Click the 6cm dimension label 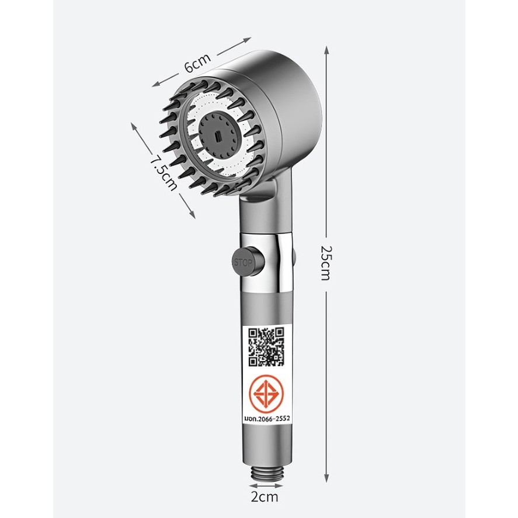pyautogui.click(x=197, y=62)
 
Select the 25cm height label pyautogui.click(x=326, y=263)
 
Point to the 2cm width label pyautogui.click(x=265, y=497)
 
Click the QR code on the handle pyautogui.click(x=266, y=346)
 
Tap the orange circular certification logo pyautogui.click(x=266, y=393)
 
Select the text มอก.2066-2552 pyautogui.click(x=267, y=419)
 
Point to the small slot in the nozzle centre pyautogui.click(x=217, y=135)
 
